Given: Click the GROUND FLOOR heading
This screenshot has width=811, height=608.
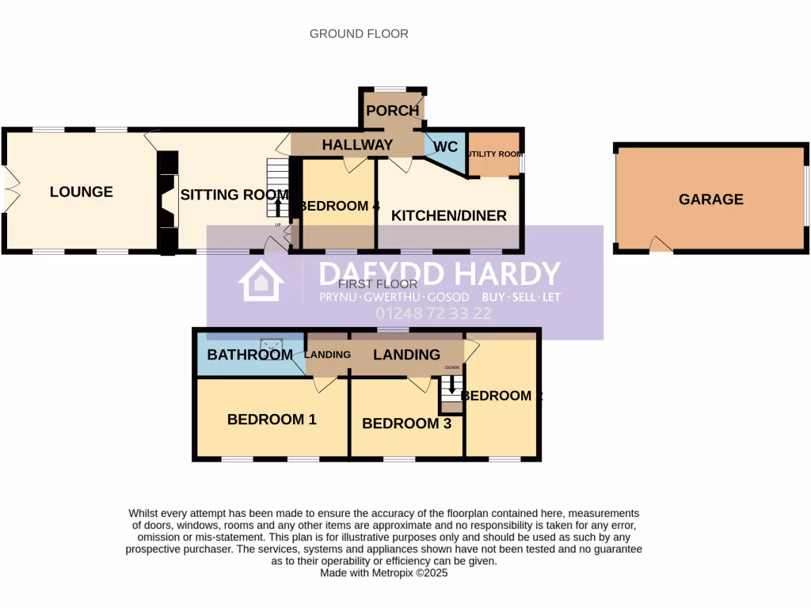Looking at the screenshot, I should click(x=359, y=33).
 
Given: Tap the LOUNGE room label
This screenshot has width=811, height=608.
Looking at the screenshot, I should click(x=81, y=192).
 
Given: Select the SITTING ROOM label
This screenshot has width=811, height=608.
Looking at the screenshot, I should click(x=234, y=195).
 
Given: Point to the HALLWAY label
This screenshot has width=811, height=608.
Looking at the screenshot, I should click(x=356, y=145).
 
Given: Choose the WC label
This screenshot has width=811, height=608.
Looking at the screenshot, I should click(x=446, y=146).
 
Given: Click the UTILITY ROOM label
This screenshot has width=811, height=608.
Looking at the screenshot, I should click(x=493, y=154).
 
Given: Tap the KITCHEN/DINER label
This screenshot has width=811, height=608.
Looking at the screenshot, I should click(x=449, y=215).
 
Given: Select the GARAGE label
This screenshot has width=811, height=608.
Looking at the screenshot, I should click(x=710, y=199).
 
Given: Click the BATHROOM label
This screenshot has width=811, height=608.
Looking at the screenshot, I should click(x=250, y=355).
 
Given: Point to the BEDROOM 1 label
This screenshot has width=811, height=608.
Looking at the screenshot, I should click(x=272, y=420).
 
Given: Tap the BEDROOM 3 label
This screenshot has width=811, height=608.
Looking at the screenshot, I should click(x=406, y=424).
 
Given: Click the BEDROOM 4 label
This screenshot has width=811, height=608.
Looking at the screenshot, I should click(x=340, y=207).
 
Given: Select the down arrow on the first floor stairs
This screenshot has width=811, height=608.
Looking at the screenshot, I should click(x=452, y=384).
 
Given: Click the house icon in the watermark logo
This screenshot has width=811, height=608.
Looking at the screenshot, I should click(x=261, y=281).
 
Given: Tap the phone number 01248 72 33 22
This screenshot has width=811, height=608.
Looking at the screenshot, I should click(x=433, y=313).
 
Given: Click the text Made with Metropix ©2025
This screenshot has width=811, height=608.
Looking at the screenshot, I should click(x=383, y=572).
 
